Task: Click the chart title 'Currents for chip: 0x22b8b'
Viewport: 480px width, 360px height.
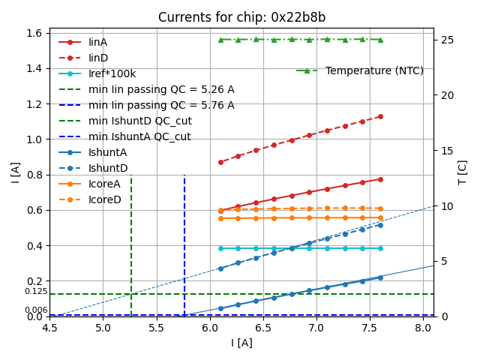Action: (x=241, y=17)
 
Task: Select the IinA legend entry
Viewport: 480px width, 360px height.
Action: (x=98, y=42)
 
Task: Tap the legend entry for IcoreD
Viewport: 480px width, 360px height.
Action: (x=104, y=199)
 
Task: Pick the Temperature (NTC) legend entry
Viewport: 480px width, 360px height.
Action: (x=374, y=70)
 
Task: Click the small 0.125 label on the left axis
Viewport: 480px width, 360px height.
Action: (x=36, y=291)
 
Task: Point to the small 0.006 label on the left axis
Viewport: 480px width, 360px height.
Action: (x=36, y=310)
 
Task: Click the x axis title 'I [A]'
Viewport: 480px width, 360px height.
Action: (x=241, y=343)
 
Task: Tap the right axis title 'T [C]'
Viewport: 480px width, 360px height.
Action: (x=463, y=172)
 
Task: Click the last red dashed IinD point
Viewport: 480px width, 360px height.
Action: (x=380, y=116)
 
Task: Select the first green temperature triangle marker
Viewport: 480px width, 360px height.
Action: (x=220, y=40)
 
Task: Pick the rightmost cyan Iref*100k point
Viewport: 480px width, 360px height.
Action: (x=380, y=248)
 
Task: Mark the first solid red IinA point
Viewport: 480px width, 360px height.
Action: (x=220, y=211)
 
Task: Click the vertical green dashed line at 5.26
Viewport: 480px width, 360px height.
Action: (x=131, y=240)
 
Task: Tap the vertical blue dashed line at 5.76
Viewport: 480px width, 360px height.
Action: (x=184, y=240)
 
